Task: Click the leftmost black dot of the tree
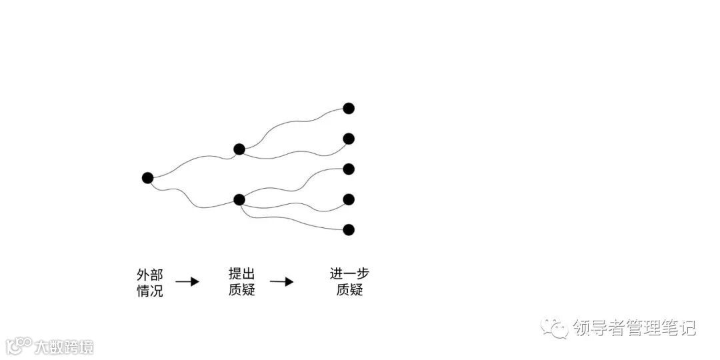(x=147, y=178)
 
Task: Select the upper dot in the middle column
(x=239, y=149)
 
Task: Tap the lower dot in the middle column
(x=239, y=199)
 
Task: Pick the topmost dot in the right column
(x=348, y=108)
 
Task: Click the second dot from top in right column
(x=348, y=139)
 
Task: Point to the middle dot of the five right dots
(x=348, y=169)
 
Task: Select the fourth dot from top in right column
(x=348, y=199)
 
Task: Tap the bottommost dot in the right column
(x=348, y=230)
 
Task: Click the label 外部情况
(x=149, y=283)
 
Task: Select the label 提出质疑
(x=241, y=282)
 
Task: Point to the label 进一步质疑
(x=349, y=282)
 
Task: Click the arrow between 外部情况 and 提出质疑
(x=187, y=281)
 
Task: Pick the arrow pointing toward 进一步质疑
(x=281, y=281)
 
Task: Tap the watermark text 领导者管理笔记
(x=634, y=328)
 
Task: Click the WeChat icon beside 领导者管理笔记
(x=555, y=327)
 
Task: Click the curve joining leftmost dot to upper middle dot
(x=193, y=160)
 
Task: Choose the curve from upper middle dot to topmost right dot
(x=293, y=123)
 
